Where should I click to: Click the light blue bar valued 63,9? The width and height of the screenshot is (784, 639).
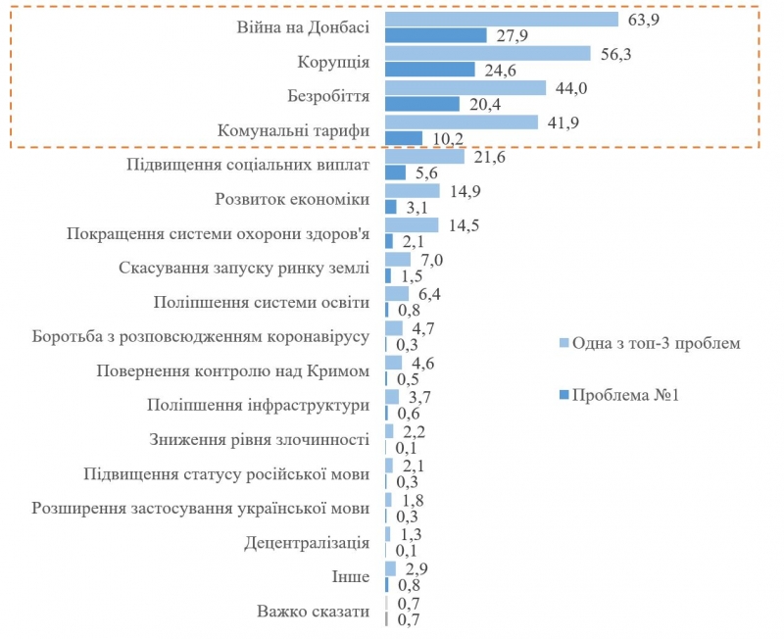502,19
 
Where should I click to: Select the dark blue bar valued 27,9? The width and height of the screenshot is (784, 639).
436,35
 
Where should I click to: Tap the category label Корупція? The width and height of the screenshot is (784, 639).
333,62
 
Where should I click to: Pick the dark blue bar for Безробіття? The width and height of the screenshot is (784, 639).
422,104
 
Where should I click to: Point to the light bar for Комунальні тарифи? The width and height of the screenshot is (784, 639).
462,123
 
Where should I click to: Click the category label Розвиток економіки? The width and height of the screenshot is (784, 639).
292,199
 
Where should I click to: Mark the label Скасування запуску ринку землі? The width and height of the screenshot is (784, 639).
244,268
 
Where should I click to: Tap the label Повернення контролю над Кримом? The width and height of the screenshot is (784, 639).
233,370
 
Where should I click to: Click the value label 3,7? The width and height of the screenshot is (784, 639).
417,396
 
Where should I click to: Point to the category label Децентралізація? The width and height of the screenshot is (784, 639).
307,542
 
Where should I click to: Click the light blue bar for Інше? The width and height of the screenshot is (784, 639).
390,568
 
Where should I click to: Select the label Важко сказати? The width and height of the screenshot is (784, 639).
314,612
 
